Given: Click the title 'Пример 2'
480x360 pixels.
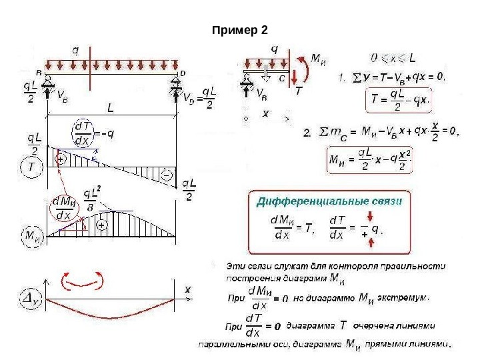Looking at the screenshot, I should click(239, 31).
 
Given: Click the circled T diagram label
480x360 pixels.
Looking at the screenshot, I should click(31, 168).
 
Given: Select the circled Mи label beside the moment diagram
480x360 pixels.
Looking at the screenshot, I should click(31, 235).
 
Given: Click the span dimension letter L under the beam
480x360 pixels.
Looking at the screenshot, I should click(111, 107).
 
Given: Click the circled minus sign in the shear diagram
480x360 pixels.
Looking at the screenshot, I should click(167, 175).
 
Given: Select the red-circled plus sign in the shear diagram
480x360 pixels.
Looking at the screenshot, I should click(61, 160).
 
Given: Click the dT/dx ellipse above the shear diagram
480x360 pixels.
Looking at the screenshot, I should click(84, 134).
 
